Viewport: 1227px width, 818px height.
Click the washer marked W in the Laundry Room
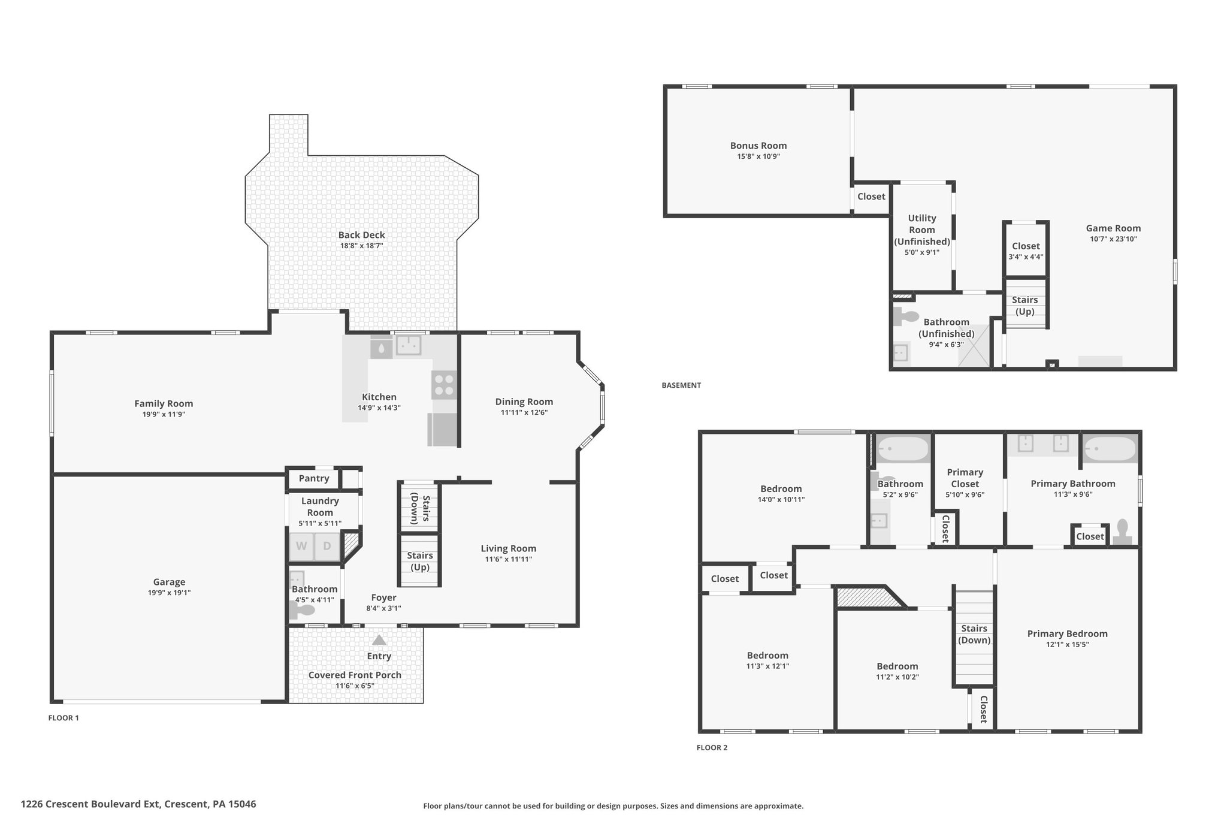click(x=301, y=547)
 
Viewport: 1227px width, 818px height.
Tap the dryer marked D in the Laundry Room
click(x=327, y=547)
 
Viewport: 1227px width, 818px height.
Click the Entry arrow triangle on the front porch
click(x=379, y=640)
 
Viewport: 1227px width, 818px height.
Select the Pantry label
click(x=314, y=478)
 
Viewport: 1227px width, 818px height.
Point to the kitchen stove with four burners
click(x=444, y=385)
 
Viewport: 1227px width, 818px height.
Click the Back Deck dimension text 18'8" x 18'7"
click(x=361, y=246)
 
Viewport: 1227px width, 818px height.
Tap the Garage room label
click(x=169, y=582)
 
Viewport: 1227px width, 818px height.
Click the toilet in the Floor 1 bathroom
click(x=303, y=611)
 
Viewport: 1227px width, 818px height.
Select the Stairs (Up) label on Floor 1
click(x=419, y=562)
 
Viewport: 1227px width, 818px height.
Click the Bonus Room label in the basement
click(x=758, y=146)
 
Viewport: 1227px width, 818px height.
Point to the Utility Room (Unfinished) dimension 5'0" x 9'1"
click(x=922, y=252)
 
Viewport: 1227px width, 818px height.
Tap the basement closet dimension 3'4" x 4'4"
click(x=1026, y=256)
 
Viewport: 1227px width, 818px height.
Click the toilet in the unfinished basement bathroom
click(x=906, y=316)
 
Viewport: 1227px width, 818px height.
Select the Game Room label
click(x=1113, y=228)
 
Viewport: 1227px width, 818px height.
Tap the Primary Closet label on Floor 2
click(x=965, y=478)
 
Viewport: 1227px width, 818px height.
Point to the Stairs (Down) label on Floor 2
click(x=974, y=634)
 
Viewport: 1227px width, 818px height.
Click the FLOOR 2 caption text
click(x=712, y=748)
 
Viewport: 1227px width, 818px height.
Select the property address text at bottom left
click(x=138, y=804)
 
